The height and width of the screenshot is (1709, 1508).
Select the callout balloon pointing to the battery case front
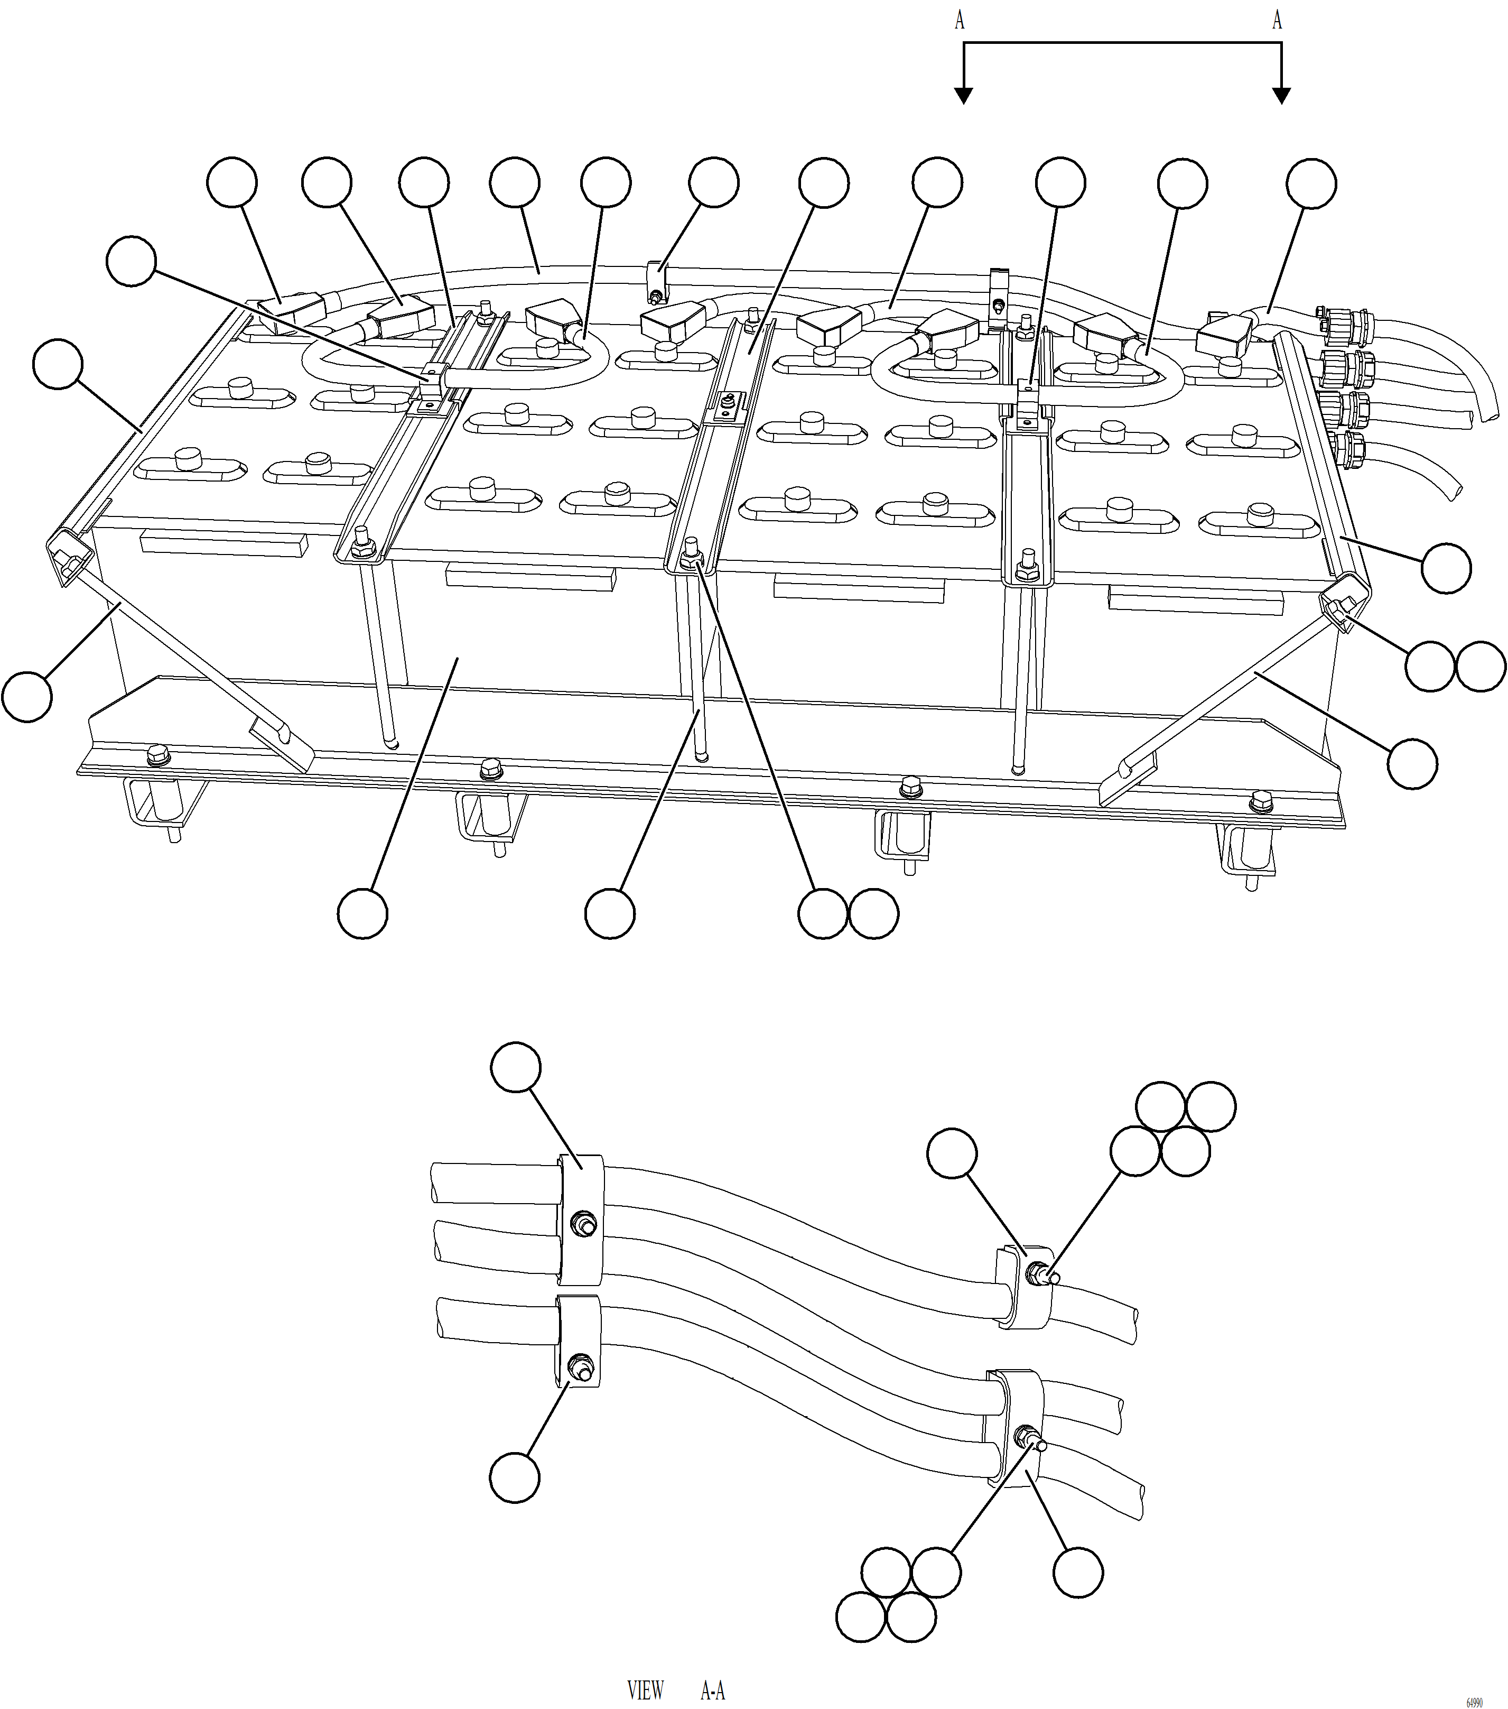pyautogui.click(x=363, y=914)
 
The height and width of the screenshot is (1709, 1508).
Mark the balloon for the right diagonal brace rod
pyautogui.click(x=1413, y=763)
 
